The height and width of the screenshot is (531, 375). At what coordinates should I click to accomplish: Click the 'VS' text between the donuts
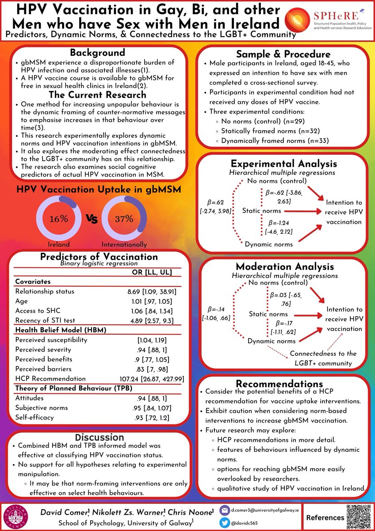tap(91, 219)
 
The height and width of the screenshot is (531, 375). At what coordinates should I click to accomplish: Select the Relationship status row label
tap(45, 292)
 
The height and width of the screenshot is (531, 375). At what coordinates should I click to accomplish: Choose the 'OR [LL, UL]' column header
tap(152, 272)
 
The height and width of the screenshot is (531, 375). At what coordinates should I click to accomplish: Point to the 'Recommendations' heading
tap(279, 383)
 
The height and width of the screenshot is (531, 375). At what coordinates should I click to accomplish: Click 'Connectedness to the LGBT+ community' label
tap(322, 358)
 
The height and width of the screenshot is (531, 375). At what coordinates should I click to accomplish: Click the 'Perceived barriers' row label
tap(43, 369)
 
